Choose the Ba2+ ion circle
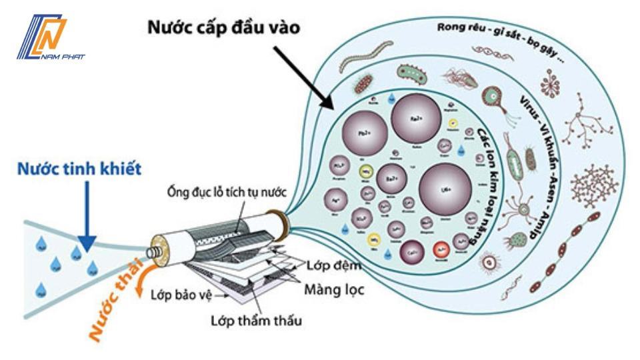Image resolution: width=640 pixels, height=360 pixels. [392, 181]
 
